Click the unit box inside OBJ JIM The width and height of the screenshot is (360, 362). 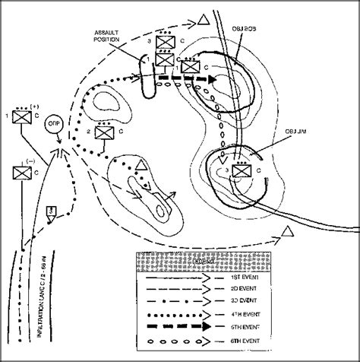[x=242, y=172]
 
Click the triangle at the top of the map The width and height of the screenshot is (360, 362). [x=201, y=17]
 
